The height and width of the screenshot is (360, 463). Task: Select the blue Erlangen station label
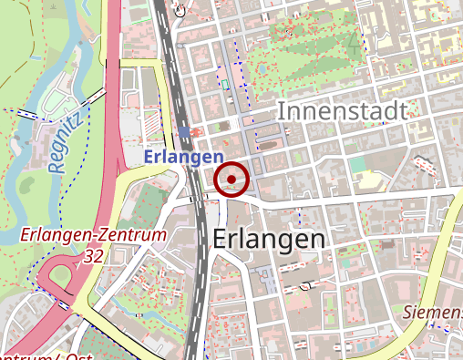pyautogui.click(x=183, y=157)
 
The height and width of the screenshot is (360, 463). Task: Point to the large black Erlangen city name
pyautogui.click(x=269, y=239)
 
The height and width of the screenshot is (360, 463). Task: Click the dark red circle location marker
pyautogui.click(x=234, y=179)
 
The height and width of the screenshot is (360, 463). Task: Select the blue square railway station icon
pyautogui.click(x=184, y=133)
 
